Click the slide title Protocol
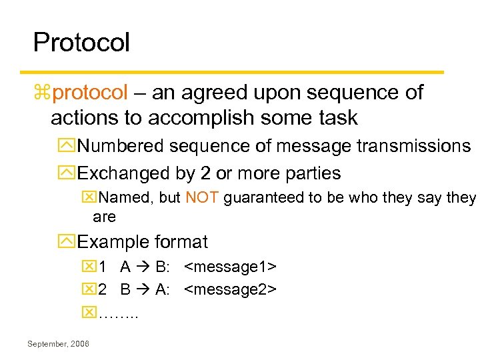[x=81, y=43]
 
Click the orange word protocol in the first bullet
[x=89, y=92]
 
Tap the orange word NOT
[x=202, y=197]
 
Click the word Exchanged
[x=124, y=173]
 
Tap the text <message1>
[x=230, y=267]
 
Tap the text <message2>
[x=230, y=289]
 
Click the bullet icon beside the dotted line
[x=89, y=311]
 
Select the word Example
[x=113, y=241]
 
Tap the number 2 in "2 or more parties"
[x=205, y=173]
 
